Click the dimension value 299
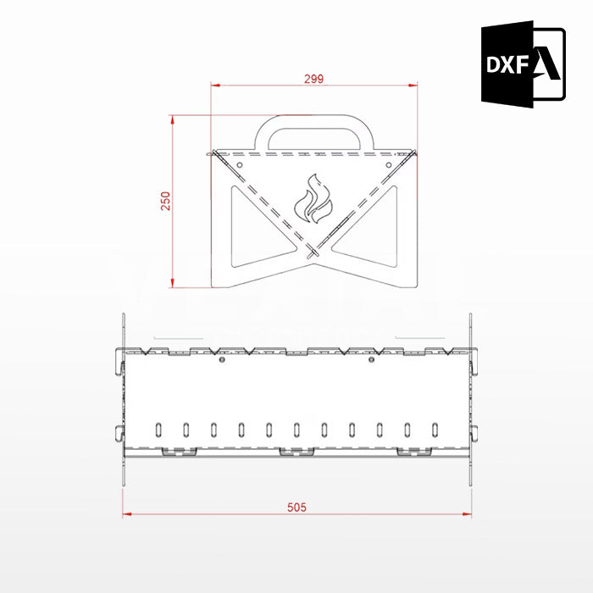pyautogui.click(x=313, y=78)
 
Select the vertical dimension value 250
pyautogui.click(x=166, y=200)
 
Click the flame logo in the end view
pyautogui.click(x=313, y=200)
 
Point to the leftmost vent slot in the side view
pyautogui.click(x=158, y=428)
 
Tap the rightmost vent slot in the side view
pyautogui.click(x=435, y=428)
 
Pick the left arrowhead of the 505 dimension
pyautogui.click(x=127, y=513)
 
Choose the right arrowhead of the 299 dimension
pyautogui.click(x=414, y=85)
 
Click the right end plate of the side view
pyautogui.click(x=469, y=398)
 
